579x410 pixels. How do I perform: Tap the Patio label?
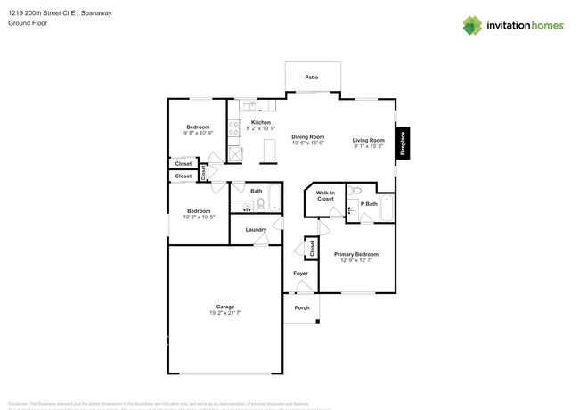(x=312, y=78)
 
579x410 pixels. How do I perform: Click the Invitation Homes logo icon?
(x=473, y=25)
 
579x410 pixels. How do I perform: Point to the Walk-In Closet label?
(x=325, y=196)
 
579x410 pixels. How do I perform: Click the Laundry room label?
(x=256, y=230)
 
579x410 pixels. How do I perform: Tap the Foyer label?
(x=301, y=273)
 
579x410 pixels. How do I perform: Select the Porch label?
(x=302, y=307)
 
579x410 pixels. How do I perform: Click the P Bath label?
(x=368, y=203)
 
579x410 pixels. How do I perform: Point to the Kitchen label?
(x=260, y=122)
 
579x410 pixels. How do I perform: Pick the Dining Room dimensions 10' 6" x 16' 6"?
(x=308, y=143)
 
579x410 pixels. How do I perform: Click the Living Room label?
(x=368, y=140)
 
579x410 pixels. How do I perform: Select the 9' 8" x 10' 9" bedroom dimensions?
(x=198, y=134)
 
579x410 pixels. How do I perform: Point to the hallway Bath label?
(x=256, y=191)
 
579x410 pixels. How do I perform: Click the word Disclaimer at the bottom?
(x=20, y=402)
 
